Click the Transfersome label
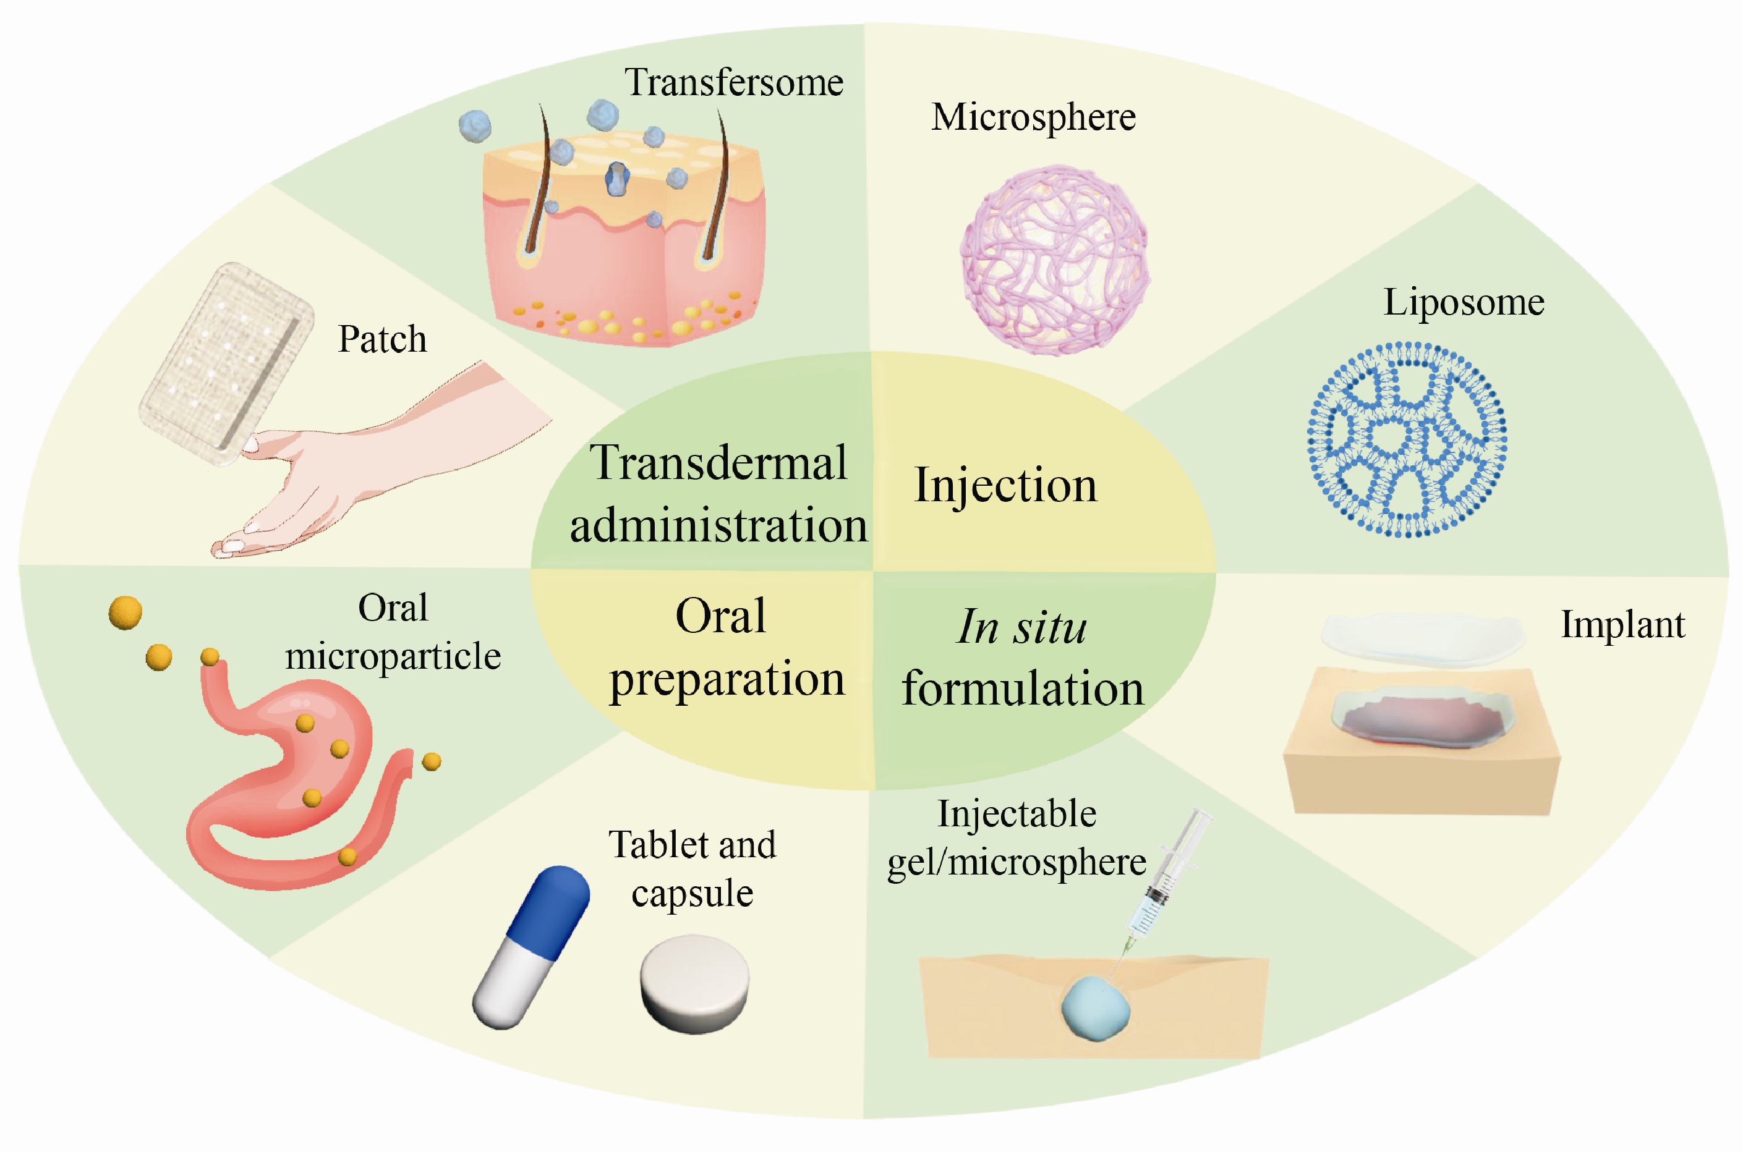coord(733,82)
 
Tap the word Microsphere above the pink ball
coord(1033,117)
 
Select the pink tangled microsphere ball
coord(1054,260)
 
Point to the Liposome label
coord(1463,302)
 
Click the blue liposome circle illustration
coord(1407,439)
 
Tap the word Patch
coord(382,339)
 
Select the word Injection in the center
coord(1005,486)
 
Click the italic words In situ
coord(1021,627)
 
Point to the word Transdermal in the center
coord(718,463)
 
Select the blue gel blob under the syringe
coord(1095,1008)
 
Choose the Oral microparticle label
coord(393,632)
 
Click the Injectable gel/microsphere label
coord(1016,837)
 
